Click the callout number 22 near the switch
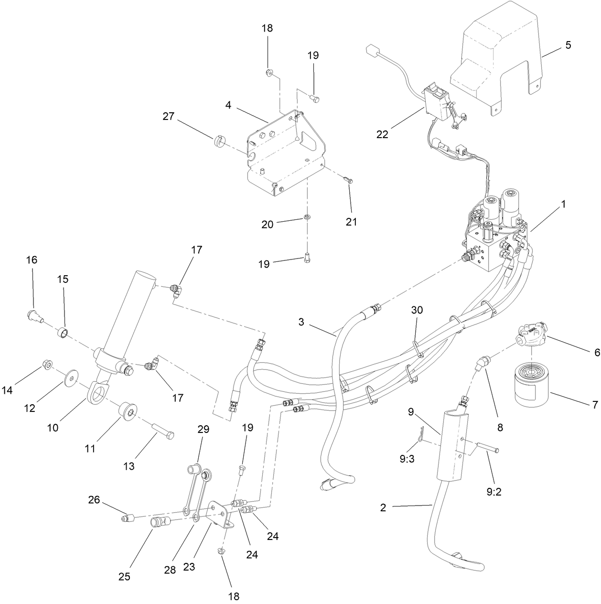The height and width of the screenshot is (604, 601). point(382,134)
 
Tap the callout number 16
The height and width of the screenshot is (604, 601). point(32,260)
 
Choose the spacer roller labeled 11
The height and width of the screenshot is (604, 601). point(127,411)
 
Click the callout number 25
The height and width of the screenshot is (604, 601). point(124,576)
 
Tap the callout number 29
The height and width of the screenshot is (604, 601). point(204,429)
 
